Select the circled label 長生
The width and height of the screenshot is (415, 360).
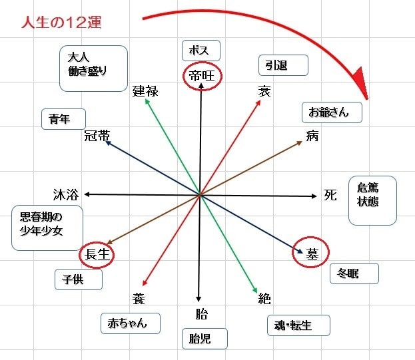coord(97,254)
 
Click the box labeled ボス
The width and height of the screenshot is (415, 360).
coord(201,51)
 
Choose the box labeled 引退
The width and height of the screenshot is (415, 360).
coord(282,65)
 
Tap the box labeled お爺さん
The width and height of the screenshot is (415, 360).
coord(331,112)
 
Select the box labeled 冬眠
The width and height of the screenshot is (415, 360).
coord(354,273)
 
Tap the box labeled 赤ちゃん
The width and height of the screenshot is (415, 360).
coord(131,323)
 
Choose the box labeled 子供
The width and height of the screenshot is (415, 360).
coord(78,279)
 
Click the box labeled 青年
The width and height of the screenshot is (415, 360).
coord(64,119)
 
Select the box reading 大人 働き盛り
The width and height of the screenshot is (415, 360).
coord(93,68)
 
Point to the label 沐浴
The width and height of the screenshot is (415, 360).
coord(66,194)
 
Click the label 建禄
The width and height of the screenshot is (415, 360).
coord(145,92)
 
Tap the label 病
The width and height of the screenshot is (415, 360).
coord(312,136)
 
